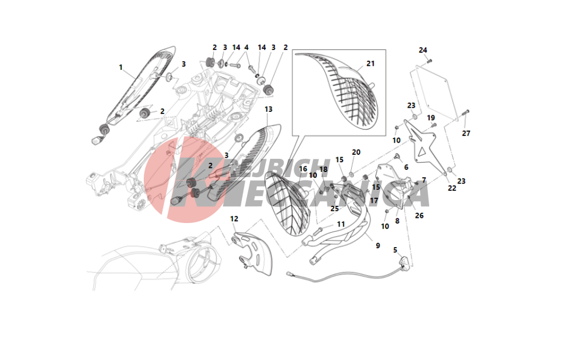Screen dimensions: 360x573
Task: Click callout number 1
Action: coord(121,67)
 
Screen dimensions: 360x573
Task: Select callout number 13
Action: coord(269,109)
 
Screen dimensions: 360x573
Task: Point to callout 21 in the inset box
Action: coord(370,63)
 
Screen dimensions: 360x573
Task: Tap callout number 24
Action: coord(423,50)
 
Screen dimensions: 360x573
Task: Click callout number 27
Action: coord(466,134)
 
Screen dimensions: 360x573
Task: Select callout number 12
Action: coord(234,218)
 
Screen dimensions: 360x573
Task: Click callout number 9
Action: coord(378,245)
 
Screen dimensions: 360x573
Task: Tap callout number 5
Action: coord(395,250)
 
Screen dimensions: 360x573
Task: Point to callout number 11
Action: coord(341,224)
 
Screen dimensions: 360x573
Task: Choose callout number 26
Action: coord(419,216)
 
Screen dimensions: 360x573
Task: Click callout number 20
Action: coord(356,152)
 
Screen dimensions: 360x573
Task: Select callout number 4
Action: coord(246,47)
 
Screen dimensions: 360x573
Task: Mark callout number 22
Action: coord(452,188)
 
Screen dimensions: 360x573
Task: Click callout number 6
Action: coord(406,167)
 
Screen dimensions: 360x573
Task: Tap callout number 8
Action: coord(397,220)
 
